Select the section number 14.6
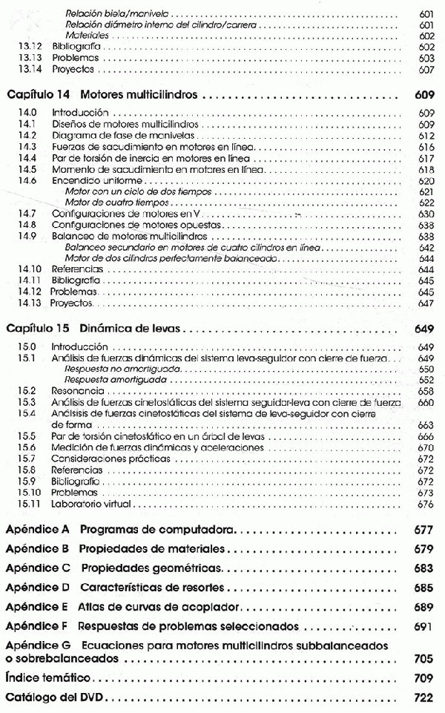coord(27,181)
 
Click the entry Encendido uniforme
coord(88,181)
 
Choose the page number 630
coord(426,213)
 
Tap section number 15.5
coord(27,437)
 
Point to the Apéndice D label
coord(37,588)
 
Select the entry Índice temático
coord(47,678)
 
